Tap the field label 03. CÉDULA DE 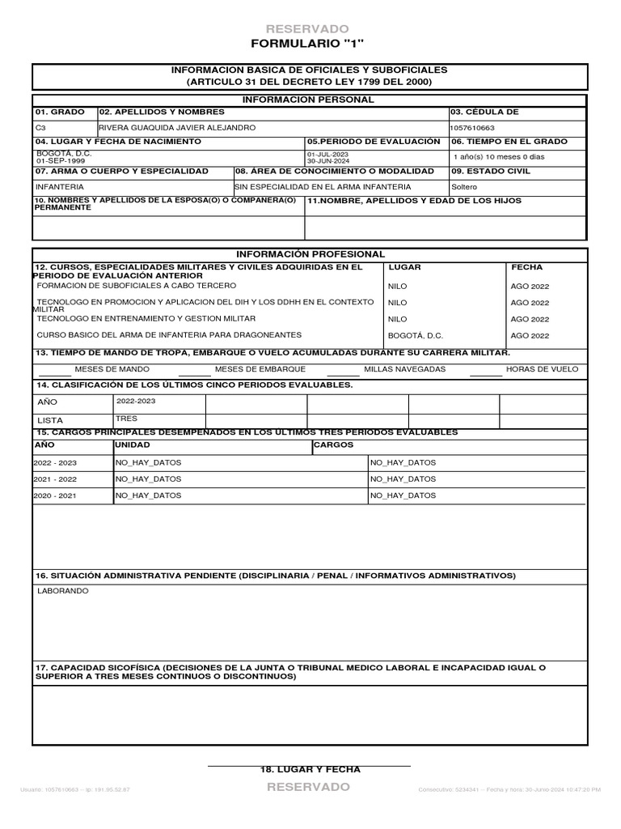click(484, 113)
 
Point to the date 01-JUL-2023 click(327, 154)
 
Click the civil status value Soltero click(464, 186)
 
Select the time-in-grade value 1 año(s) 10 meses click(499, 157)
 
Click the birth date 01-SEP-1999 click(55, 160)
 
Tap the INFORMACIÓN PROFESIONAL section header click(310, 254)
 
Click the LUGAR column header click(404, 267)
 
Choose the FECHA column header click(526, 267)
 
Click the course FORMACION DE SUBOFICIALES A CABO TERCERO click(137, 286)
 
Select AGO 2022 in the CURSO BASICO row click(530, 335)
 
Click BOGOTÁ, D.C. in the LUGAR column click(416, 335)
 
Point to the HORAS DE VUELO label click(542, 369)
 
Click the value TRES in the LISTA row click(126, 419)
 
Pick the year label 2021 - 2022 click(55, 479)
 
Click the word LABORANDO click(63, 591)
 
